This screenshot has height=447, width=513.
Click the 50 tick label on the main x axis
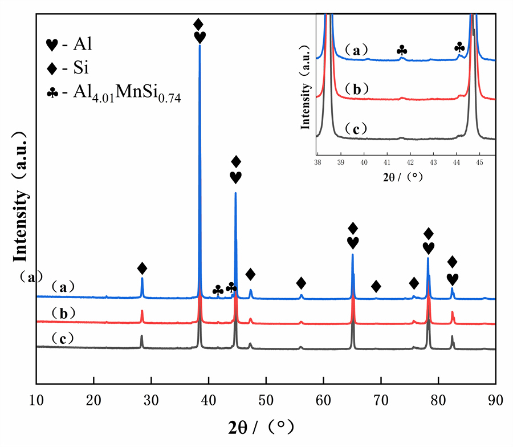(266, 400)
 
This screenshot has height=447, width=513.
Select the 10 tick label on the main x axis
(36, 400)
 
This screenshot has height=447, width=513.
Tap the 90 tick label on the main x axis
(495, 400)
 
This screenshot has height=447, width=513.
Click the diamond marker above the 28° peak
(142, 268)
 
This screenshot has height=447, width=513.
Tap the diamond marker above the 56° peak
(302, 283)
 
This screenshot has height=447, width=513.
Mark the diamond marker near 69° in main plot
(376, 286)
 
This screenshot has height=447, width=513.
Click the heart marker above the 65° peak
(353, 243)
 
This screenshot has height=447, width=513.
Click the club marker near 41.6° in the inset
(402, 51)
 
